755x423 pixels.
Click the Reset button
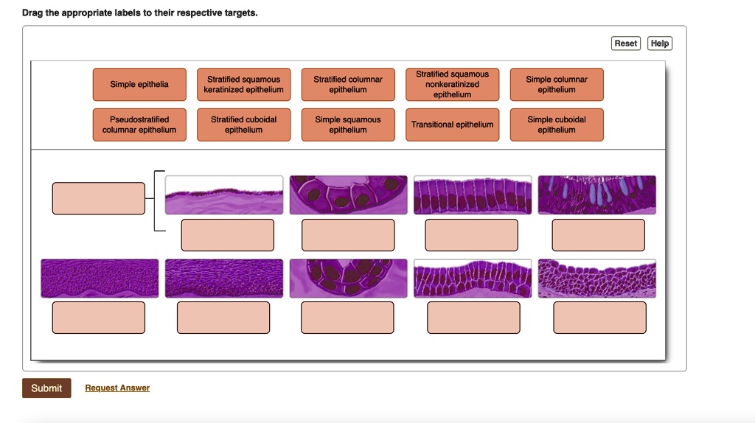tap(626, 43)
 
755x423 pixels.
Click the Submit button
tap(46, 388)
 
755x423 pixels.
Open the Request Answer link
tap(117, 388)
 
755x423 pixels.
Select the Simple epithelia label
tap(139, 85)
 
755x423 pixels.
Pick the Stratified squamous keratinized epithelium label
tap(243, 85)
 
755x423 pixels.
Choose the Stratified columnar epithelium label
tap(348, 85)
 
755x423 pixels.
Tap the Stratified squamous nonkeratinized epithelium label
tap(452, 85)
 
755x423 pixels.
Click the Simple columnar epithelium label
tap(557, 85)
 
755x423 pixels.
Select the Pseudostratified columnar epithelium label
tap(139, 125)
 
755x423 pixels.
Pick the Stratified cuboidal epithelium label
tap(243, 125)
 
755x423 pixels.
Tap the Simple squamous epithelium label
tap(348, 125)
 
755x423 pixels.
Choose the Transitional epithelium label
tap(452, 125)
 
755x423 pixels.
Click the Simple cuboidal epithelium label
tap(557, 125)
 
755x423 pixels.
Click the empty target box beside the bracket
tap(99, 198)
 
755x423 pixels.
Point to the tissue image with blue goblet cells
tap(597, 195)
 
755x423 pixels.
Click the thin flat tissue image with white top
tap(224, 195)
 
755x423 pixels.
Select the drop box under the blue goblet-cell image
tap(598, 235)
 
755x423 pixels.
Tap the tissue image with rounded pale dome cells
tap(597, 279)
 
